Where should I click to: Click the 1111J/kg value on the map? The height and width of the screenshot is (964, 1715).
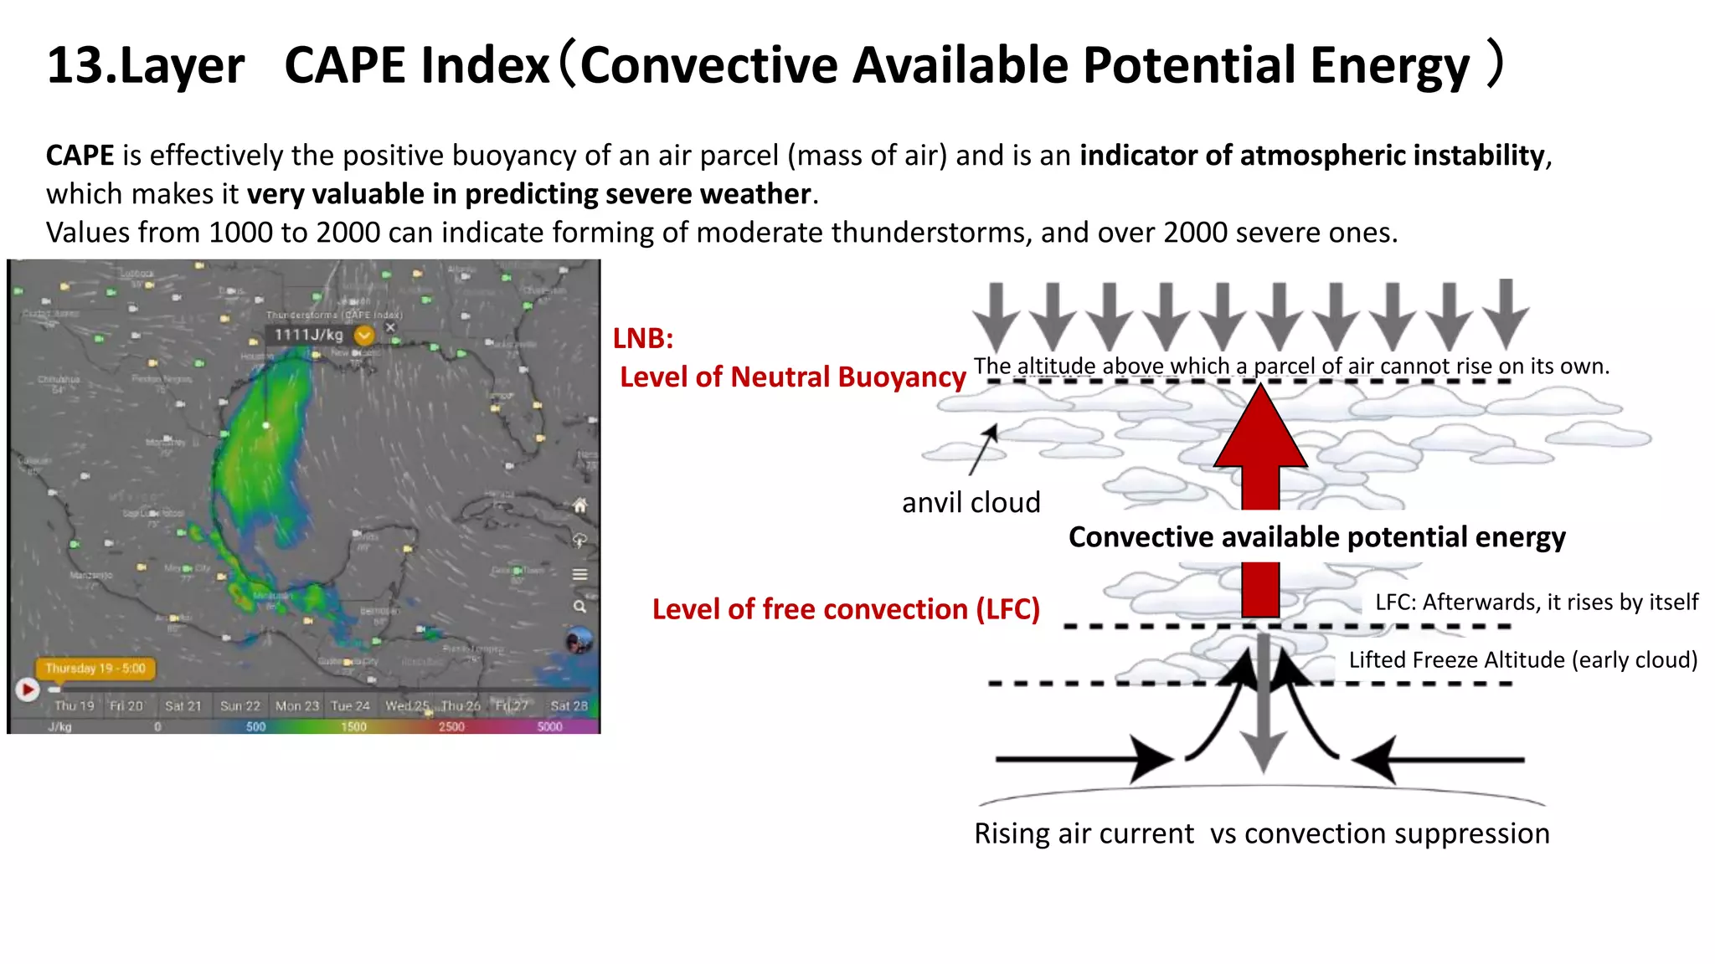click(309, 335)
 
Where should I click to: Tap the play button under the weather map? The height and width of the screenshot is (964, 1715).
click(27, 690)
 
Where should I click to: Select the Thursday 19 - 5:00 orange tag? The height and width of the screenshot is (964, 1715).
click(95, 668)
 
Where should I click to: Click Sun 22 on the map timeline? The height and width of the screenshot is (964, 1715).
click(240, 705)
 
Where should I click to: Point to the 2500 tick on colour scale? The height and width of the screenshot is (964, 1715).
click(451, 726)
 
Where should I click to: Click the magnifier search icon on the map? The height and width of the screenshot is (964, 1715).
click(579, 606)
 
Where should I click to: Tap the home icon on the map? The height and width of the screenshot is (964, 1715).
click(579, 505)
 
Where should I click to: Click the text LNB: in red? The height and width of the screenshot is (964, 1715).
click(643, 338)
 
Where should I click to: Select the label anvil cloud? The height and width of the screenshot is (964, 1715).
click(971, 502)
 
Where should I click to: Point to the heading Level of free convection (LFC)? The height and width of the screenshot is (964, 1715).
click(846, 609)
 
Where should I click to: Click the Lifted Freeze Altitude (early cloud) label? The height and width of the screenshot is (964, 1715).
click(1522, 659)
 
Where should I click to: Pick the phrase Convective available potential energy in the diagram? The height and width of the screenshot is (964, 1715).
click(1316, 536)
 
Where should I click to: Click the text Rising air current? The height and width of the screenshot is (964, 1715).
click(1084, 833)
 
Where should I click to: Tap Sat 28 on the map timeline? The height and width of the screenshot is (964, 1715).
click(569, 705)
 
